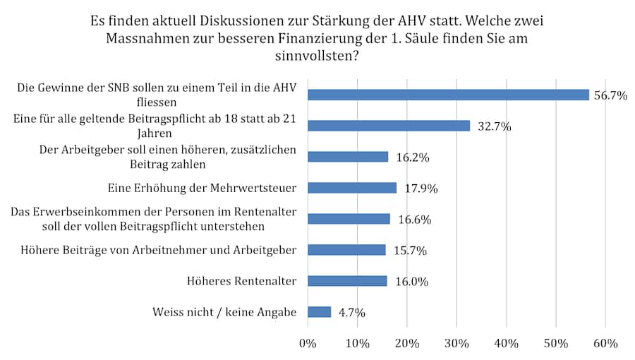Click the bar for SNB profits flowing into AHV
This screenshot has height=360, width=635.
pyautogui.click(x=448, y=95)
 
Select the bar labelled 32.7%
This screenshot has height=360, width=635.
pyautogui.click(x=389, y=126)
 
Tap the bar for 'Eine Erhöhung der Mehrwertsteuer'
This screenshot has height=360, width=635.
pyautogui.click(x=352, y=188)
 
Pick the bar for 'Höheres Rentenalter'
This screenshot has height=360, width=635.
pyautogui.click(x=347, y=281)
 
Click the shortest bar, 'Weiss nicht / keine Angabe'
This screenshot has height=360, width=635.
pyautogui.click(x=320, y=312)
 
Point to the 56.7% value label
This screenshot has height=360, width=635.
pyautogui.click(x=610, y=95)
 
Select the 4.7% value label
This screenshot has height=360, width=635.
pyautogui.click(x=351, y=313)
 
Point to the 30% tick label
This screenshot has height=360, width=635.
pyautogui.click(x=456, y=344)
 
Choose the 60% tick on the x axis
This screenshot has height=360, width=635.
pyautogui.click(x=605, y=344)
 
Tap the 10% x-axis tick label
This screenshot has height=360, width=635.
pyautogui.click(x=358, y=344)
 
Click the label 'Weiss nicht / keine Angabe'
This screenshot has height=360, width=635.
pyautogui.click(x=224, y=312)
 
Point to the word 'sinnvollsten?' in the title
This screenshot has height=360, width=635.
pyautogui.click(x=317, y=56)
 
